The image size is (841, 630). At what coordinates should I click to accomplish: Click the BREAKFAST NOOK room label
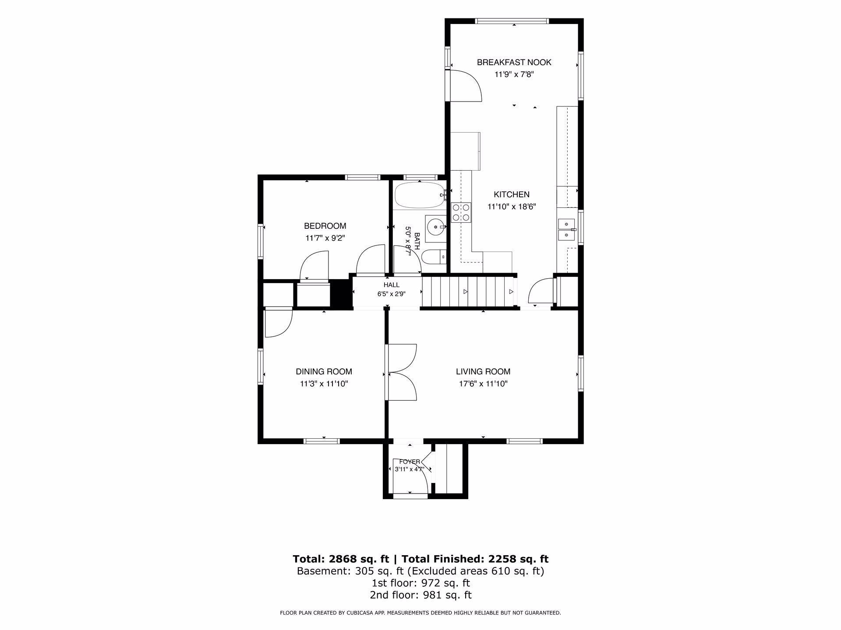[514, 63]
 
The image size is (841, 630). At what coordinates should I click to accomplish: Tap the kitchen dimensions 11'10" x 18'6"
[512, 207]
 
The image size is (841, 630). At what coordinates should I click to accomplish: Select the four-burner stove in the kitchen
[461, 212]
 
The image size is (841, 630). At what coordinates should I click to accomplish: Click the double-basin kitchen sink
[566, 230]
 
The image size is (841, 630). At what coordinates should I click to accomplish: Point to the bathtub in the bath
[420, 196]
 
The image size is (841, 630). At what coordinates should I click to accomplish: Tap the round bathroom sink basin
[436, 227]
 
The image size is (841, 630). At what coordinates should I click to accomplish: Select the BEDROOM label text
[325, 226]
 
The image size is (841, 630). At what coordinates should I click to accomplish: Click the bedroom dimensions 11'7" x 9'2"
[325, 238]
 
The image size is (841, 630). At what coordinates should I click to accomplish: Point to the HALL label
[392, 285]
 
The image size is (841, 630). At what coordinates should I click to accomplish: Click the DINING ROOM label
[324, 372]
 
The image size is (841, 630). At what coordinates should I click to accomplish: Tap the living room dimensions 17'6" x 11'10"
[483, 384]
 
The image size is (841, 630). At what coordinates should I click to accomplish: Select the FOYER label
[410, 462]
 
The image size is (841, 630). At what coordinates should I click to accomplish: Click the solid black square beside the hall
[341, 294]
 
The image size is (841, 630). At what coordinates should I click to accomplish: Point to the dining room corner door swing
[279, 324]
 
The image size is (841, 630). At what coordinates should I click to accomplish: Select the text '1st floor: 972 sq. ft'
[420, 583]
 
